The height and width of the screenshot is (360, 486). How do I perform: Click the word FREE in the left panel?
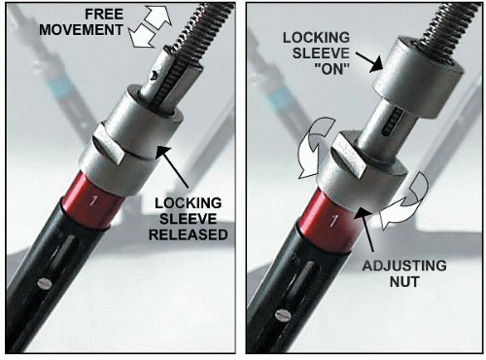tap(104, 15)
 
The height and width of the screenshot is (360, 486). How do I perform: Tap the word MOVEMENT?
tap(81, 30)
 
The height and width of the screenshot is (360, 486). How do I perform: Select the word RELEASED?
tap(188, 234)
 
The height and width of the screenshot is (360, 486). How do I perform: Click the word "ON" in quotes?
tap(332, 69)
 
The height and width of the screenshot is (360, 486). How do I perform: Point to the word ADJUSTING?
tap(404, 266)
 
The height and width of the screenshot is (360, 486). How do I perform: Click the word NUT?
tap(404, 282)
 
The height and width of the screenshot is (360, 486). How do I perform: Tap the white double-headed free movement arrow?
tap(151, 26)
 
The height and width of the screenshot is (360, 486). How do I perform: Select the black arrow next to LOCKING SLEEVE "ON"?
tap(369, 62)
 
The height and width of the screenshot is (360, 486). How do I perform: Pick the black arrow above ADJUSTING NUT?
tap(366, 231)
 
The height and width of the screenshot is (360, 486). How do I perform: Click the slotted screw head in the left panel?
tap(45, 283)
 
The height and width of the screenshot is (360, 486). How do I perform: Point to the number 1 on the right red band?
tap(332, 221)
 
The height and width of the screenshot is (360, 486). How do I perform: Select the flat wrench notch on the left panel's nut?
tap(109, 149)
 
